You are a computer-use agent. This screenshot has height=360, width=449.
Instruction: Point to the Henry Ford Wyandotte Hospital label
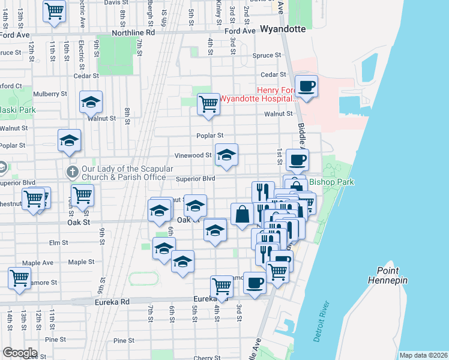tap(258, 94)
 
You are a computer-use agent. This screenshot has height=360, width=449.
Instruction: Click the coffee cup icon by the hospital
tap(307, 86)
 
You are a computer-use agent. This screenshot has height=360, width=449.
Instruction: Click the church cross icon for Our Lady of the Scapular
tap(72, 172)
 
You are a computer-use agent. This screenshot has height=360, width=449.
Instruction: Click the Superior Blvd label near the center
tap(195, 179)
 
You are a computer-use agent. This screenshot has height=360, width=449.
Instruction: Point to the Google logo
tap(20, 353)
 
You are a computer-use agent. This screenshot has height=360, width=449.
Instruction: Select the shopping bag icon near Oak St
tap(241, 214)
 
